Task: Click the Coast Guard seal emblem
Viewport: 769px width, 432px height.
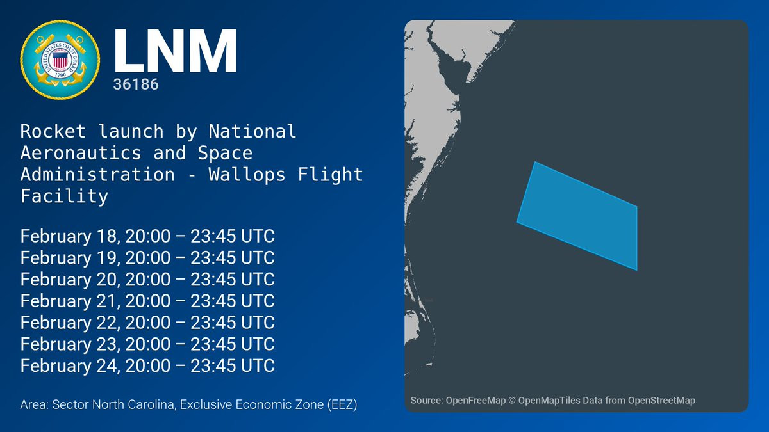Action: pos(60,60)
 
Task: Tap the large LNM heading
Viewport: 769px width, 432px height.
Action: pos(175,51)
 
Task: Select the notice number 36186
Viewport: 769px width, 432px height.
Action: pos(136,84)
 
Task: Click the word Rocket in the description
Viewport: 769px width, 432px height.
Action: pos(53,131)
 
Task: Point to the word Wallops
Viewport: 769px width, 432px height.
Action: pos(247,175)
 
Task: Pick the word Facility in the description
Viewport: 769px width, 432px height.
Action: pos(64,196)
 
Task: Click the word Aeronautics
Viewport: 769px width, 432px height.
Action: pos(81,153)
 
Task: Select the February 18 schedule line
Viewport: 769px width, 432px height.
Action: pos(147,236)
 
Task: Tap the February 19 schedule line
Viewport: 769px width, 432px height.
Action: pos(147,258)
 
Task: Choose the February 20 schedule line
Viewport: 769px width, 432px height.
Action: pos(147,280)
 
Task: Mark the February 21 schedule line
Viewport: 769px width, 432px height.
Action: pos(147,301)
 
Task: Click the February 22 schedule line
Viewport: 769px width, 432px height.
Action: pos(147,323)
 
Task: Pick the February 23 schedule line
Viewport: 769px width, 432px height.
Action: pos(147,344)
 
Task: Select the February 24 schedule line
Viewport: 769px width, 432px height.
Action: pos(147,366)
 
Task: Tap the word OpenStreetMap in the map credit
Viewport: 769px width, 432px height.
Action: pos(661,401)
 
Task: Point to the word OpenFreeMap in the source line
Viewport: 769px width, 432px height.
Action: pos(475,401)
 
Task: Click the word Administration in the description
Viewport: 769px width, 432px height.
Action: pos(97,175)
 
